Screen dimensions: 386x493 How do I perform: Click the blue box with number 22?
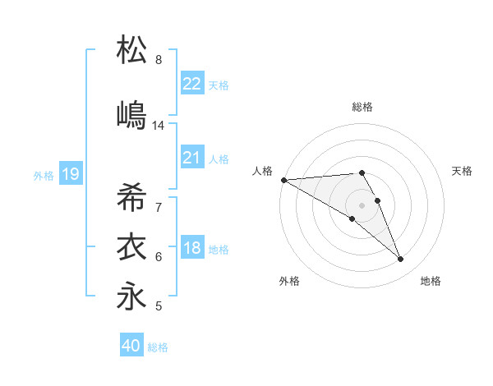(192, 84)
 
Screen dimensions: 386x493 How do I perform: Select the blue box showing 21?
(192, 158)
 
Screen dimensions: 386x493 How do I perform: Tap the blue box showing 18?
(192, 248)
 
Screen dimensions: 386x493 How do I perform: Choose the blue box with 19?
(70, 174)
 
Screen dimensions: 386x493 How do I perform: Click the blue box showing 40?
(131, 346)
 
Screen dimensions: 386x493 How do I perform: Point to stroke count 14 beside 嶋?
(159, 126)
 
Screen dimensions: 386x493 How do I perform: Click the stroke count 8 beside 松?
(159, 60)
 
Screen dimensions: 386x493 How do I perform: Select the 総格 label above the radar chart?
(362, 107)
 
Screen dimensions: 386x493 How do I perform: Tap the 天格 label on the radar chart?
(463, 171)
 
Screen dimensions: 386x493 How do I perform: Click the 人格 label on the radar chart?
(262, 171)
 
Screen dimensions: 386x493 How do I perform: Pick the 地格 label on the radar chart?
(431, 281)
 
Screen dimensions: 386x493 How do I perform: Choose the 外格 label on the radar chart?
(289, 281)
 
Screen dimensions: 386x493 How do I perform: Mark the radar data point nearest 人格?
(283, 179)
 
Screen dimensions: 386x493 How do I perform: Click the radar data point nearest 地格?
(401, 260)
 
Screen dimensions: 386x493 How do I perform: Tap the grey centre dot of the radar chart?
(362, 204)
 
